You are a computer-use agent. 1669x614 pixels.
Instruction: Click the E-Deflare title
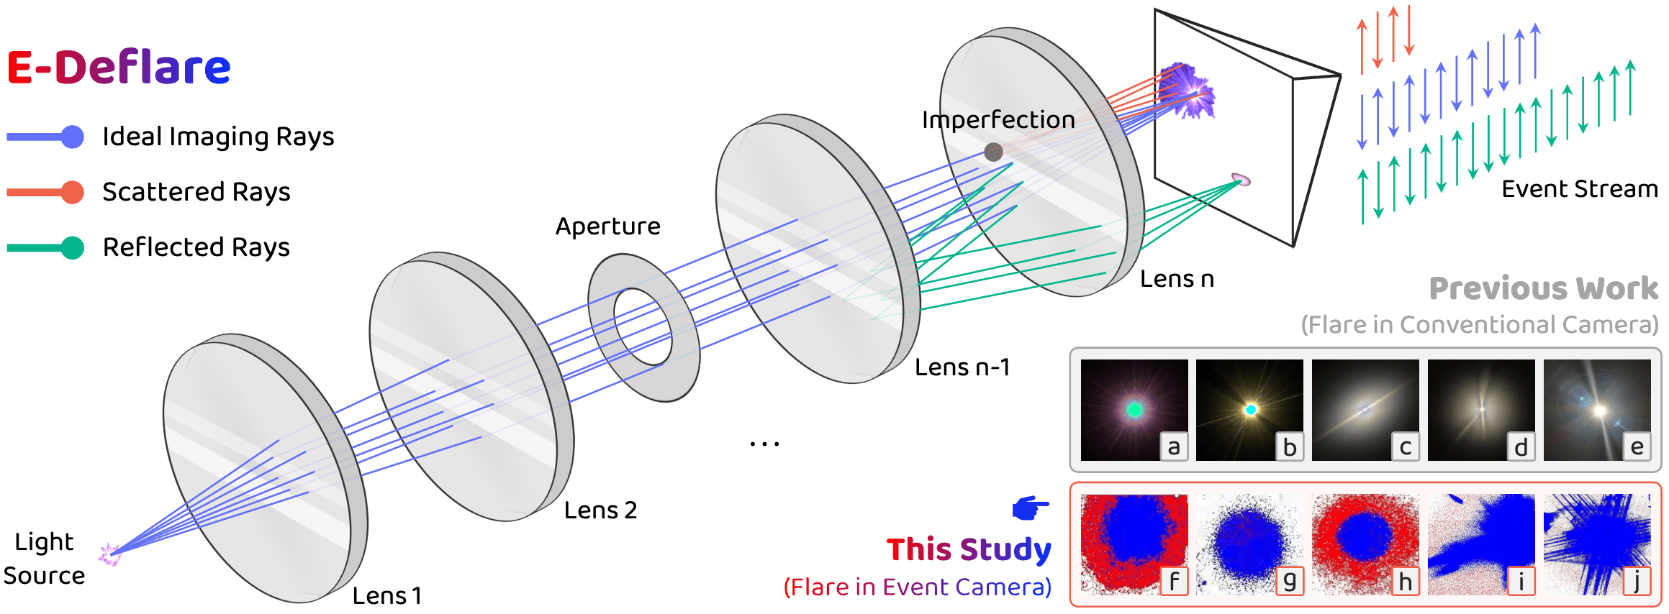point(119,68)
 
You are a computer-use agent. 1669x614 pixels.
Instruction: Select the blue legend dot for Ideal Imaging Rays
point(73,137)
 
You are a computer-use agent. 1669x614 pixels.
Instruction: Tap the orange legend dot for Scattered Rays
point(73,192)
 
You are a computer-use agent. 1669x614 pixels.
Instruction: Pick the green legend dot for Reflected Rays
point(73,247)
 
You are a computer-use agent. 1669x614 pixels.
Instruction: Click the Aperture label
point(607,226)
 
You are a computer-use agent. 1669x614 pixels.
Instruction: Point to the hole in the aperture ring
point(643,327)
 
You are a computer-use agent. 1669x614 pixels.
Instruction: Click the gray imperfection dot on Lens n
point(993,152)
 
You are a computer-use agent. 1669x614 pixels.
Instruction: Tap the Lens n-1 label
point(962,367)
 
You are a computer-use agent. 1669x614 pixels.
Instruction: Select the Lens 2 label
point(600,510)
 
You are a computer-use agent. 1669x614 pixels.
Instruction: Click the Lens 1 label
point(386,596)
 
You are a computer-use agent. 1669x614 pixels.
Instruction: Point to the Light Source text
point(44,559)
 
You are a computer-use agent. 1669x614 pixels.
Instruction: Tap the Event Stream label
point(1579,189)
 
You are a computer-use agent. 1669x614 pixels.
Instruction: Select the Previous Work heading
point(1543,288)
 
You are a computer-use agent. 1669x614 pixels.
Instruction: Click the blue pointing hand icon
point(1031,508)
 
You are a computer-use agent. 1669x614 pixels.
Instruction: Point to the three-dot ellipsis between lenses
point(764,444)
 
